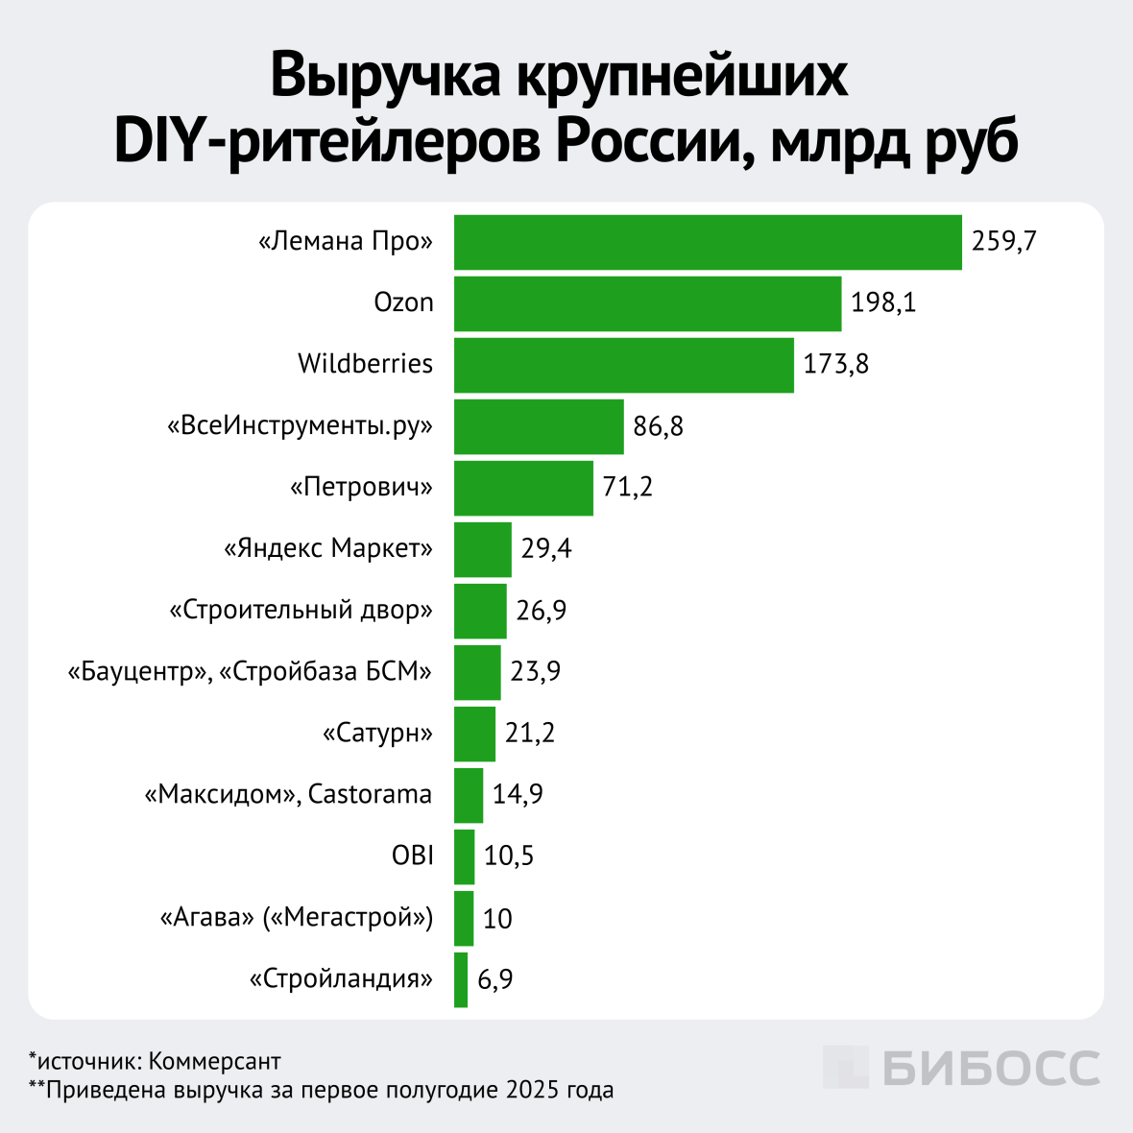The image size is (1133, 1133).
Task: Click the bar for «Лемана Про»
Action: [708, 242]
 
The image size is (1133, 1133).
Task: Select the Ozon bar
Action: [647, 303]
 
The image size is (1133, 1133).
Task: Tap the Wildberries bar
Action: [623, 365]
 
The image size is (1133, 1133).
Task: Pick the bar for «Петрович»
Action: [523, 488]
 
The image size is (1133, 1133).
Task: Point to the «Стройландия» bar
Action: [461, 979]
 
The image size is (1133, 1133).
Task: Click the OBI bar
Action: [464, 856]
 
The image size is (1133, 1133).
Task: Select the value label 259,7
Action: [1003, 241]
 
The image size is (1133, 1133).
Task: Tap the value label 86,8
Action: [658, 425]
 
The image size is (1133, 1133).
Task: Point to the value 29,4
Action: [546, 548]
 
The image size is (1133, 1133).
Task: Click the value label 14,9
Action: [518, 794]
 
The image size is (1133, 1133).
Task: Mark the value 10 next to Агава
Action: [497, 919]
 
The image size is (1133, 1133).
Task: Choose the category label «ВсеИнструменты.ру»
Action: [301, 425]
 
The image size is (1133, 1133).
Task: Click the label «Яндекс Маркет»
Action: [328, 548]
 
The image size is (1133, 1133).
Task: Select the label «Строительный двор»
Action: [301, 610]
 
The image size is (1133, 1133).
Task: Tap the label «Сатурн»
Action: [377, 733]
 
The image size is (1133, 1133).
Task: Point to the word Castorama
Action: [371, 794]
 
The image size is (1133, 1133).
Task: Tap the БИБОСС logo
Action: [961, 1068]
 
